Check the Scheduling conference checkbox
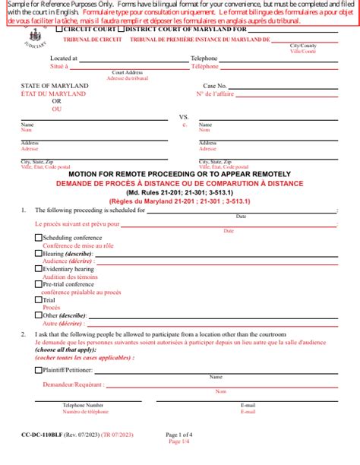(39, 238)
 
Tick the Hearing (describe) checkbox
(39, 253)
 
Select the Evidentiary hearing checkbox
(39, 269)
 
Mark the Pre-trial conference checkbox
(39, 284)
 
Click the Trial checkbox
(39, 300)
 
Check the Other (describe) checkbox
(39, 315)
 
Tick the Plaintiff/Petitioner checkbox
(39, 371)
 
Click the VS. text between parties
(183, 117)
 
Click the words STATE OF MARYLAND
(55, 86)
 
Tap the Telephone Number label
(83, 406)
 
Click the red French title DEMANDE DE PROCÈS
(180, 183)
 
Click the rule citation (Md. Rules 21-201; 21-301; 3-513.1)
(180, 192)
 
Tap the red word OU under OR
(56, 109)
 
